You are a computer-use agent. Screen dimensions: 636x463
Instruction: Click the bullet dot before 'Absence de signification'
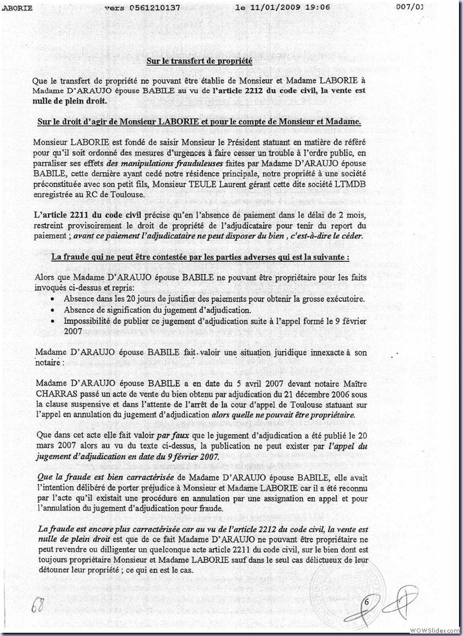coord(53,310)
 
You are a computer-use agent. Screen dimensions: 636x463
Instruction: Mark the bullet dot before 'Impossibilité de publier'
coord(53,321)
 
